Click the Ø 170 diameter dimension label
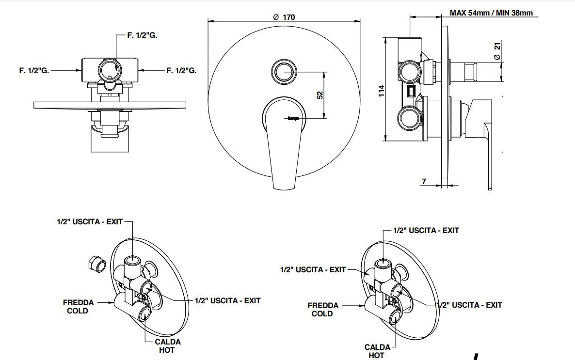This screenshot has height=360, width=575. (284, 16)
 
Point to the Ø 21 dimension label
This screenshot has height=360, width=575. (497, 50)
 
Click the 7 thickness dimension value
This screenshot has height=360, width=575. (424, 182)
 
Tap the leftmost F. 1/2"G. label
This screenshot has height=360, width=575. (34, 70)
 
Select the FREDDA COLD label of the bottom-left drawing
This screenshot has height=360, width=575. (78, 307)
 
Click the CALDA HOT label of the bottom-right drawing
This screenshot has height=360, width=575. (377, 351)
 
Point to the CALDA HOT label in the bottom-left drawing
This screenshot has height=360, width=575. (167, 346)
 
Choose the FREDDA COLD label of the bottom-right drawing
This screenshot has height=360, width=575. (322, 310)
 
